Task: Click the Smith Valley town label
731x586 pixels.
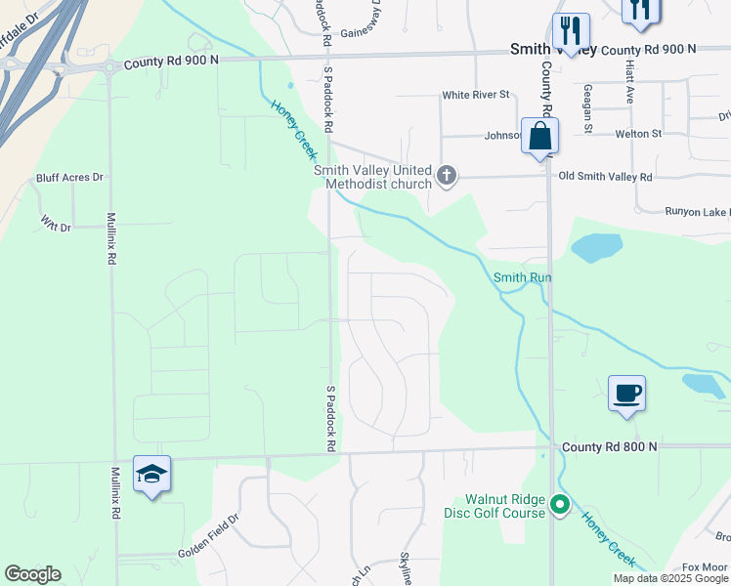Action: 554,49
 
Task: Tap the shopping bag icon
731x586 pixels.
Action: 539,137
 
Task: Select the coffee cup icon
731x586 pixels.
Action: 626,394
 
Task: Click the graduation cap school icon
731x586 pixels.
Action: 151,475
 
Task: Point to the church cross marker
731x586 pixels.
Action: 446,176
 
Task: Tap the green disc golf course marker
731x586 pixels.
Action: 560,505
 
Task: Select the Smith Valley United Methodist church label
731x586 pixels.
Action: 372,177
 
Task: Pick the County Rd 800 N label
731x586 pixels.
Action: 609,446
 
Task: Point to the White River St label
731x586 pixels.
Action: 476,95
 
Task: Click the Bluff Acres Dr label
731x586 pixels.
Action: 69,178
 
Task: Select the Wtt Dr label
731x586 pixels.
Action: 56,227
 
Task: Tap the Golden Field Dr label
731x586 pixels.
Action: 208,549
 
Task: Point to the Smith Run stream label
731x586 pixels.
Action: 522,277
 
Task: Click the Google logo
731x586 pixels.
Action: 32,574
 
